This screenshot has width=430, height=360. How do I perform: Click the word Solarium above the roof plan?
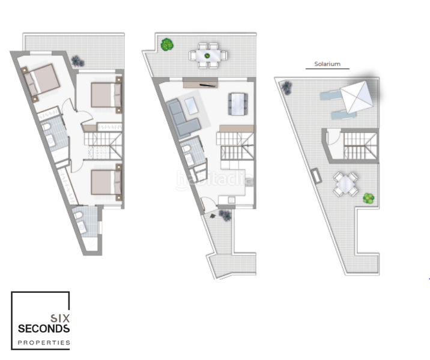(328, 63)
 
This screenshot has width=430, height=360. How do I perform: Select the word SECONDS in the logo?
(44, 329)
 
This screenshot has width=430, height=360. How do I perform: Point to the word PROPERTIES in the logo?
(44, 343)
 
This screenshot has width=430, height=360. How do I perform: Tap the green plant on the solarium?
(368, 197)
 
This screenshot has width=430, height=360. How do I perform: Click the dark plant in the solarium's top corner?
(286, 86)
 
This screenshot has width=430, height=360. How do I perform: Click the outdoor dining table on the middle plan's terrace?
(208, 55)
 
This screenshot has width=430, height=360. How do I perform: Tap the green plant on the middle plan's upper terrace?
(167, 44)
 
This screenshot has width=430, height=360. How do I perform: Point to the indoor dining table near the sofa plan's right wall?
(238, 103)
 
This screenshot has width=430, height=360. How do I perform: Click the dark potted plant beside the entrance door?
(225, 214)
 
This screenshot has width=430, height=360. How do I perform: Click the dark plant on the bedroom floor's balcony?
(76, 60)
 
